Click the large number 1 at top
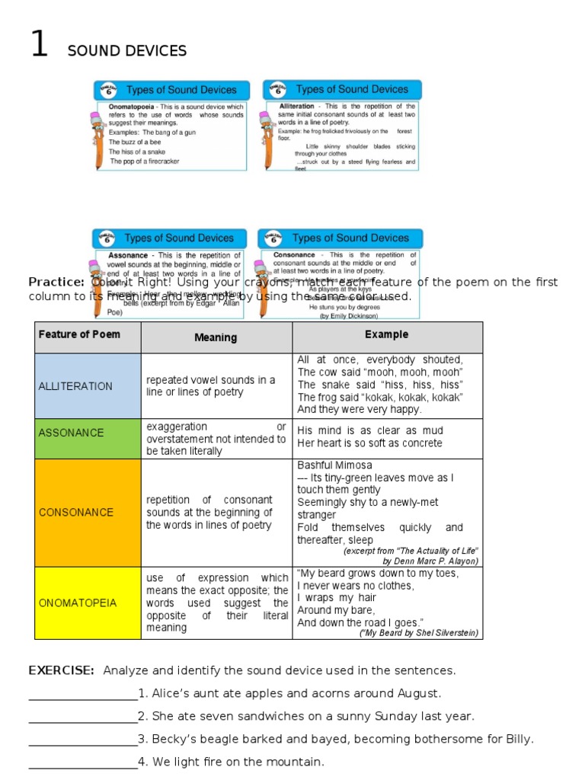click(x=39, y=45)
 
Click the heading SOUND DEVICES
click(x=126, y=51)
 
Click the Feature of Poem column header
click(x=79, y=334)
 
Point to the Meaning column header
click(x=216, y=337)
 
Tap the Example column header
click(x=386, y=334)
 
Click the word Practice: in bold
click(x=56, y=282)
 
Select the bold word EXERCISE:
click(x=62, y=670)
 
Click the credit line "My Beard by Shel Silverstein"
click(x=420, y=633)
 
